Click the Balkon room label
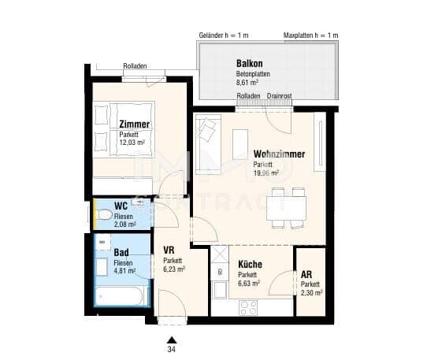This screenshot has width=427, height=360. coord(249,64)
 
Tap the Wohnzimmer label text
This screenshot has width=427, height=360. coord(279,154)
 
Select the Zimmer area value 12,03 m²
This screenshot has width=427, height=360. coord(132,142)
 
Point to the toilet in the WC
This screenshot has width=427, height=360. coord(105,214)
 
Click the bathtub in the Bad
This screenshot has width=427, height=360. coord(119,296)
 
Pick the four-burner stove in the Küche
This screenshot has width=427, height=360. coord(248,308)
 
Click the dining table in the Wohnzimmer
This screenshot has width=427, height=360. coord(286,208)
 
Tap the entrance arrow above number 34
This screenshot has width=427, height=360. coord(172,340)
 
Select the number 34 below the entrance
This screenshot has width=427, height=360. coord(171,350)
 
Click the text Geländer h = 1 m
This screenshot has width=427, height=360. coord(224,35)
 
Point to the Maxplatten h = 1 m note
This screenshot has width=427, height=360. coord(310,35)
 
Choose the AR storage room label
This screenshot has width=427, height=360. coord(306,274)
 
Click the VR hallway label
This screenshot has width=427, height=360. coord(169,250)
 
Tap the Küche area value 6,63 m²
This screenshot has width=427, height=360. coord(249,284)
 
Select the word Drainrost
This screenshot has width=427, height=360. coord(279,96)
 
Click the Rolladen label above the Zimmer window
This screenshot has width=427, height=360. coord(135,66)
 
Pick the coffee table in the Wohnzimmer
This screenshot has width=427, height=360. coord(240,144)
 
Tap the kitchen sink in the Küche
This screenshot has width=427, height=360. coord(220,290)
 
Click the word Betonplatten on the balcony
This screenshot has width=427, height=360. coord(253,74)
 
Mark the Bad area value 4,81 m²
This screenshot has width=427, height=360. coord(124,271)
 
